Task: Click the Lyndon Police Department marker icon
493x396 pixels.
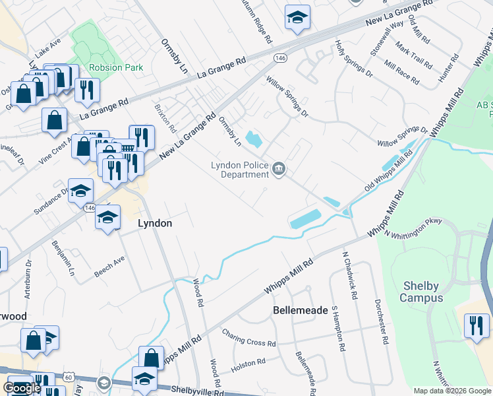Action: click(279, 170)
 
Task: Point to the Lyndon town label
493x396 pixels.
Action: click(155, 224)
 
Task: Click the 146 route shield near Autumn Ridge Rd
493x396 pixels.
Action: click(281, 58)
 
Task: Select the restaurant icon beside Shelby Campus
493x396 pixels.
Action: click(477, 326)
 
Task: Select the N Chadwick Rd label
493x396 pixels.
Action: click(349, 275)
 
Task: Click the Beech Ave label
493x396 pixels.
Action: click(109, 264)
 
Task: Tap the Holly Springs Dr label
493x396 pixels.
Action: click(354, 59)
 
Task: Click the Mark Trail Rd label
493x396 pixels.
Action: click(414, 55)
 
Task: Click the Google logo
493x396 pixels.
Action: click(22, 388)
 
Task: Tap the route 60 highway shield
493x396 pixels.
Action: click(68, 378)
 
